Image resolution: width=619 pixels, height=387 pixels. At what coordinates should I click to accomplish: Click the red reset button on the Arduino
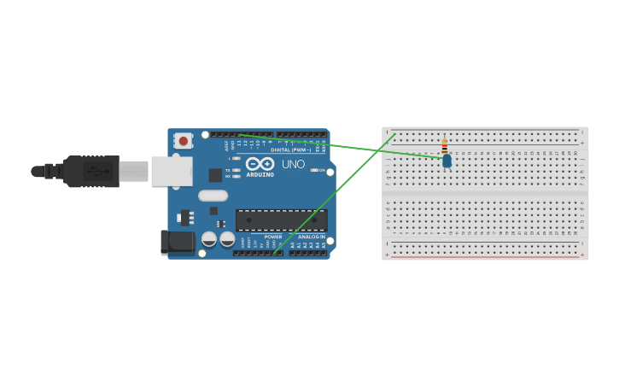183,140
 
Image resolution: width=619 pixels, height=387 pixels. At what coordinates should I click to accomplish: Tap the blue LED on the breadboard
447,161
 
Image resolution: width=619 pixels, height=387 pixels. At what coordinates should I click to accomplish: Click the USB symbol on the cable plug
102,171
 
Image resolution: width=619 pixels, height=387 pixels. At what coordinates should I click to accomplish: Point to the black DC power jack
177,242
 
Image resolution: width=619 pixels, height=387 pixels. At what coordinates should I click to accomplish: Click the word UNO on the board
293,164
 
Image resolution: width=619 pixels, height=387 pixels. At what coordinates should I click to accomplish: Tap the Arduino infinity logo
260,163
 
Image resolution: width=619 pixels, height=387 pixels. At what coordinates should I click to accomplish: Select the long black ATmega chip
281,220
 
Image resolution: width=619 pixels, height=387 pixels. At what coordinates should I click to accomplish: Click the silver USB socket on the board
172,171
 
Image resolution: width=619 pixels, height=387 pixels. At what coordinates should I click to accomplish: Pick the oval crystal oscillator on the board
213,196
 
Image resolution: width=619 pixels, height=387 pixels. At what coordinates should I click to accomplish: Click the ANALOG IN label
311,237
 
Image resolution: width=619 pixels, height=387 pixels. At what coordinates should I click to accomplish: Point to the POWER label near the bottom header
272,237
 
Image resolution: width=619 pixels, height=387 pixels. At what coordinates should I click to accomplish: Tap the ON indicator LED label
321,170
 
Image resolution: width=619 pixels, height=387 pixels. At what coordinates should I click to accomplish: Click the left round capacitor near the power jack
209,239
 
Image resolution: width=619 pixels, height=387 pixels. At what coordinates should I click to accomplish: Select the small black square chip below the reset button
215,174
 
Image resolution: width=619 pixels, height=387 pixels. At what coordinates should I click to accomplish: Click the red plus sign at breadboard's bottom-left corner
387,255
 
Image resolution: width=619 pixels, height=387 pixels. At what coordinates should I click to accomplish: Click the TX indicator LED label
228,170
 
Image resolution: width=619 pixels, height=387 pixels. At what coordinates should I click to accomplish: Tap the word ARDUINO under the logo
260,174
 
